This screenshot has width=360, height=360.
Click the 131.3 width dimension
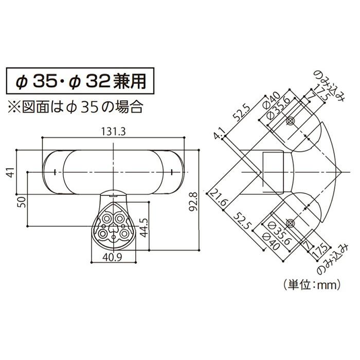pyautogui.click(x=113, y=132)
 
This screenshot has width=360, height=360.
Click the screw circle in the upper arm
pyautogui.click(x=290, y=121)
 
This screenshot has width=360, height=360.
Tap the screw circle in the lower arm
pyautogui.click(x=290, y=222)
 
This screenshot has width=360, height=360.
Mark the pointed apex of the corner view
pyautogui.click(x=341, y=171)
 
